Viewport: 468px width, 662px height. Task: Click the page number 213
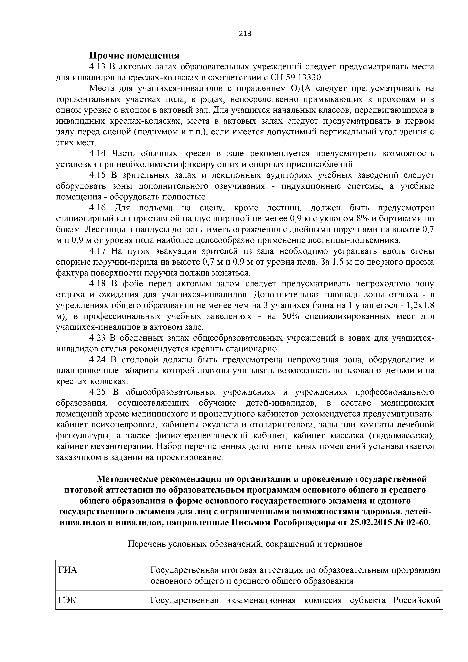click(245, 34)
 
